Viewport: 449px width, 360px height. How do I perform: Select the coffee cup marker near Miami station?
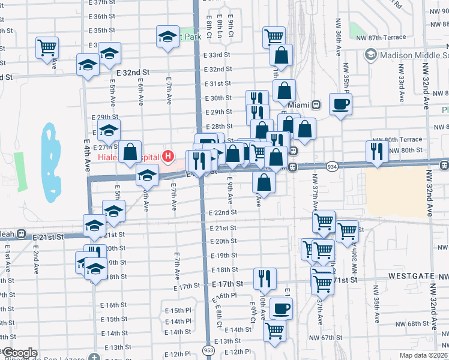coord(340,104)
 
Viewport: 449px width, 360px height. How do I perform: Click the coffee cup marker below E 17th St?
coord(281,309)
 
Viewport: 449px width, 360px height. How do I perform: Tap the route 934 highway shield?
coord(331,166)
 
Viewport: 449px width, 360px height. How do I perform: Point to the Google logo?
coord(20,353)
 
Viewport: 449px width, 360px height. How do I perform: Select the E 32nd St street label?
coord(133,71)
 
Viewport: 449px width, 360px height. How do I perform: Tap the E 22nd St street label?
coord(223,213)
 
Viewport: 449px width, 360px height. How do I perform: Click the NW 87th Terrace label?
coord(385,38)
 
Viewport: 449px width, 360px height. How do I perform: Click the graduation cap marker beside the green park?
coord(168,37)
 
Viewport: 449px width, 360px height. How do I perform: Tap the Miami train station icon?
coord(316,104)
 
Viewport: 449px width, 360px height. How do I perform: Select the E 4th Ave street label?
coord(87,152)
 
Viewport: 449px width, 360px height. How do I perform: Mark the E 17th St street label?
coord(228,283)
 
